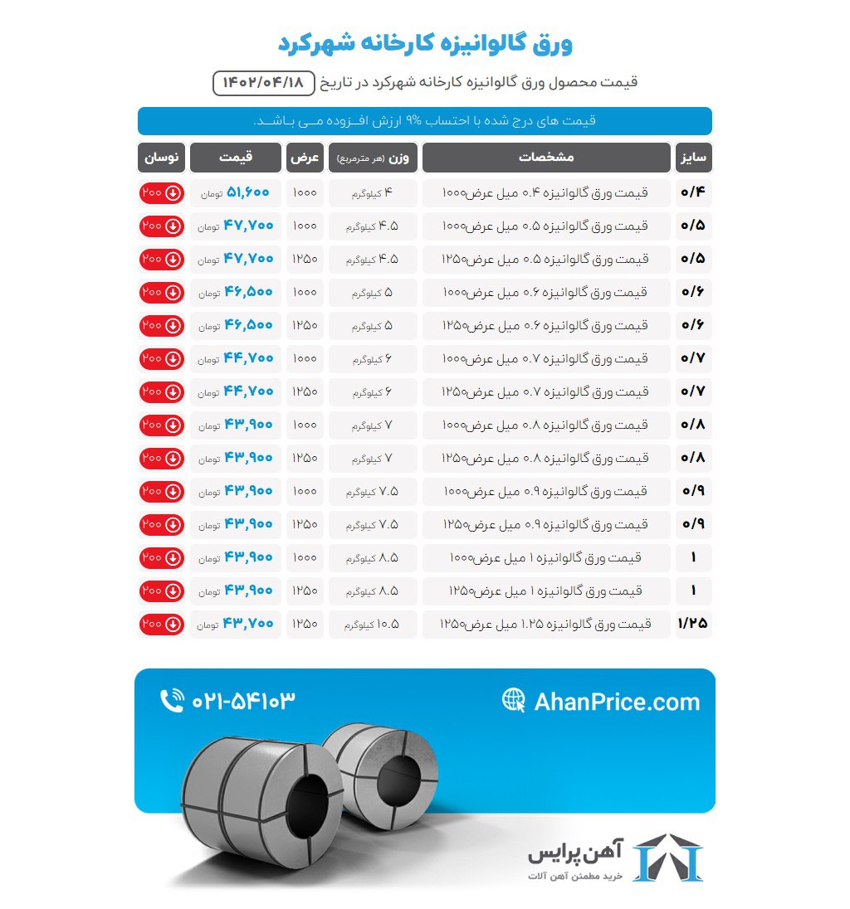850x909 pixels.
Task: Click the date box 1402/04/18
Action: tap(264, 83)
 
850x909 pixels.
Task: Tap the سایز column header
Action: tap(693, 158)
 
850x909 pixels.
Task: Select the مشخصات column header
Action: tap(546, 158)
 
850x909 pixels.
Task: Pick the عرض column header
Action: tap(305, 158)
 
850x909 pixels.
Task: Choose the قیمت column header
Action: tap(235, 158)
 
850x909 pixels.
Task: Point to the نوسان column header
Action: tap(161, 158)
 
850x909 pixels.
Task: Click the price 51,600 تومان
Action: tap(236, 192)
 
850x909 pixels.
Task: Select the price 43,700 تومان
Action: tap(236, 624)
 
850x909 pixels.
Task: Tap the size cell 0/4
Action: tap(693, 192)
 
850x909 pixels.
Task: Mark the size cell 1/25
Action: tap(693, 624)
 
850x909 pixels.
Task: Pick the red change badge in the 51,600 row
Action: tap(161, 192)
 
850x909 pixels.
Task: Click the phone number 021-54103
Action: tap(243, 701)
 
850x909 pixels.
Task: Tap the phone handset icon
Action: tap(172, 701)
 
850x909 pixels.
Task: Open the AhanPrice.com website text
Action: tap(617, 702)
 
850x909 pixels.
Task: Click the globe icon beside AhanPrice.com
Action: tap(514, 700)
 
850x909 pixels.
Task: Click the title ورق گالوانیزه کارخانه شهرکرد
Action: tap(424, 43)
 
